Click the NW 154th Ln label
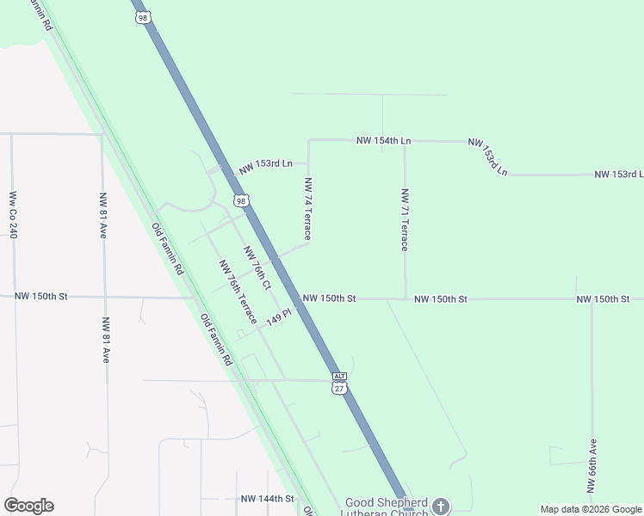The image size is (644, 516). click(x=384, y=140)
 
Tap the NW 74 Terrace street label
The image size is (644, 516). click(x=307, y=209)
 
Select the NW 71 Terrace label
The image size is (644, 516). click(x=404, y=219)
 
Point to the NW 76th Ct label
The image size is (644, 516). click(x=257, y=267)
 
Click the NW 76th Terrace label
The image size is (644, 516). click(x=238, y=292)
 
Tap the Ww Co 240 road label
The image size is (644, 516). click(x=13, y=215)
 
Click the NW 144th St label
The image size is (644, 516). click(x=268, y=499)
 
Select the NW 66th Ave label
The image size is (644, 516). click(x=592, y=465)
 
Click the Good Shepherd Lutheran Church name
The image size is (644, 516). click(x=386, y=507)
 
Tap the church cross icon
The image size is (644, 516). click(x=442, y=506)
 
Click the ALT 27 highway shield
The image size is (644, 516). click(x=339, y=383)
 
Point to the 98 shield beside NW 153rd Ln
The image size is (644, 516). click(x=241, y=200)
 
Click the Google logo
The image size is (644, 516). click(x=28, y=506)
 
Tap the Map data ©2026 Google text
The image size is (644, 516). click(x=591, y=509)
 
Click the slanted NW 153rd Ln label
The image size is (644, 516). click(x=488, y=156)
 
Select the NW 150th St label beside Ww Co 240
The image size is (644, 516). click(x=41, y=297)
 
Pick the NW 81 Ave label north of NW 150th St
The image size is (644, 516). click(x=102, y=215)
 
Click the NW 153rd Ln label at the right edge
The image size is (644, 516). click(x=618, y=175)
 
